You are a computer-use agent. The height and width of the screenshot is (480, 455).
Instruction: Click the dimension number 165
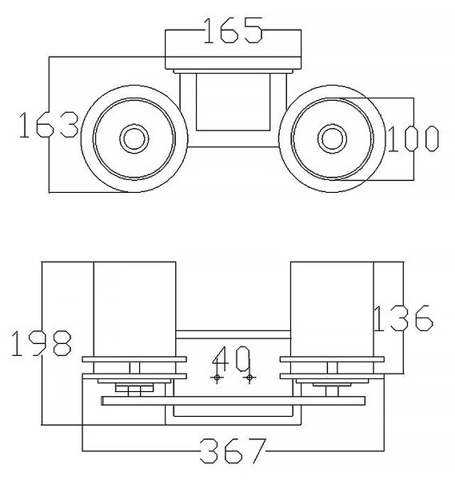coord(233,30)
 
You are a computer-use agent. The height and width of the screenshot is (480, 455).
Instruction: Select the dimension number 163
coord(49,125)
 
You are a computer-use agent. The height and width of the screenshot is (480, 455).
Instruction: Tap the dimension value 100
coord(413,138)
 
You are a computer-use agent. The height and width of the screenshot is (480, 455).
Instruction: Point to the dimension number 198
coord(42,343)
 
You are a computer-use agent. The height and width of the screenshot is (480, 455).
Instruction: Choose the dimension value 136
coord(403,318)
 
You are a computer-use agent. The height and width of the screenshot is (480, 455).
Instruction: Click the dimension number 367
coord(233,450)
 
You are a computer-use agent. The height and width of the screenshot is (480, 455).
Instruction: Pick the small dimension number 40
coord(232,358)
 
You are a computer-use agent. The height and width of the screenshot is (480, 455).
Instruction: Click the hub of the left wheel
coord(134,138)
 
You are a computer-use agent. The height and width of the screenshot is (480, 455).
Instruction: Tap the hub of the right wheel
coord(332,138)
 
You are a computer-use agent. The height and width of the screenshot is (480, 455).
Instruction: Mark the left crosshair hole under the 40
coord(217,378)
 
